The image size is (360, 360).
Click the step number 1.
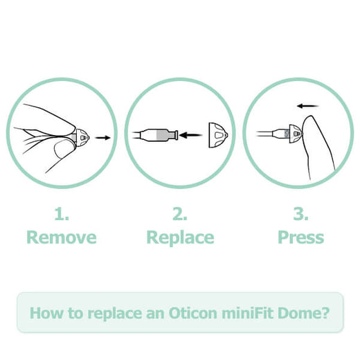(x=62, y=214)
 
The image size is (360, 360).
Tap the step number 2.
(x=180, y=214)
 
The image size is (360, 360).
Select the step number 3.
(x=300, y=214)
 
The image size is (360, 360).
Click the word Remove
(x=62, y=237)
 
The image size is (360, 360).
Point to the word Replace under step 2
(x=180, y=237)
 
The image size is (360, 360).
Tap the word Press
(x=301, y=237)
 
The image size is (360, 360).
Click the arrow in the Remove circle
(x=103, y=138)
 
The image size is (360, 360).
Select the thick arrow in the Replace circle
(x=190, y=135)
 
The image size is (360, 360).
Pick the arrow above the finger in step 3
(x=308, y=106)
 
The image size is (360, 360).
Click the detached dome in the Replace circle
(x=218, y=135)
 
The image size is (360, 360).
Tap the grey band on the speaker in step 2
(x=162, y=135)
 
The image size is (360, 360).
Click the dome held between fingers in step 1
(x=82, y=138)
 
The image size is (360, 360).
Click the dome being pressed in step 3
(x=296, y=134)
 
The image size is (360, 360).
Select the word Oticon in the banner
(x=192, y=313)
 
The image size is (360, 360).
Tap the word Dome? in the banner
(x=304, y=313)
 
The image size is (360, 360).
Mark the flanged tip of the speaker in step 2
(x=176, y=135)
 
